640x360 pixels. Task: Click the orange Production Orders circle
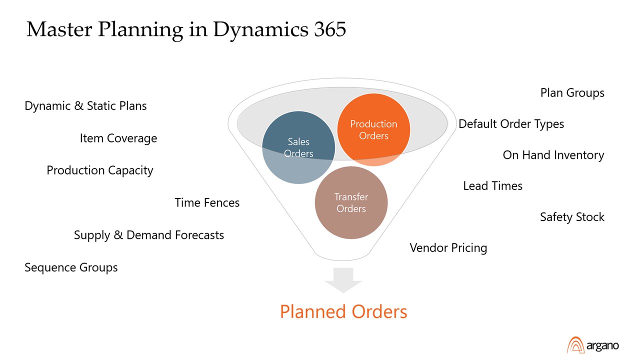[x=373, y=129]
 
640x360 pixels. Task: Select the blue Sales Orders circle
[x=298, y=147]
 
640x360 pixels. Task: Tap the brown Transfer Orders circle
[x=351, y=202]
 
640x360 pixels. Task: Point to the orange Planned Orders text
[x=343, y=311]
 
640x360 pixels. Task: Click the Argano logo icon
[x=575, y=345]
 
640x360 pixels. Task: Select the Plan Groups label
[x=572, y=93]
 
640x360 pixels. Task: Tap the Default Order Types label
[x=511, y=124]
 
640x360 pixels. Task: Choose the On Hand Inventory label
[x=553, y=155]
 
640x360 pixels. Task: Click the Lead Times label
[x=492, y=186]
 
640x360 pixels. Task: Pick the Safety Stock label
[x=572, y=217]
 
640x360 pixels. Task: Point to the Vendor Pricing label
[x=448, y=247]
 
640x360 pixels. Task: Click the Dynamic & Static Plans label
[x=85, y=106]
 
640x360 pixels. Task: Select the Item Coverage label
[x=118, y=138]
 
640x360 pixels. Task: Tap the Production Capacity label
[x=100, y=170]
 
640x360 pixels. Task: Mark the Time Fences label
[x=207, y=202]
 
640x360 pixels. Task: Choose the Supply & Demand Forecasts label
[x=149, y=235]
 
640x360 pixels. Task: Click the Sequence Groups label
[x=71, y=267]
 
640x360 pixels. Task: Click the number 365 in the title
[x=330, y=30]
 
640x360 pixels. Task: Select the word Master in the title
[x=59, y=30]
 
